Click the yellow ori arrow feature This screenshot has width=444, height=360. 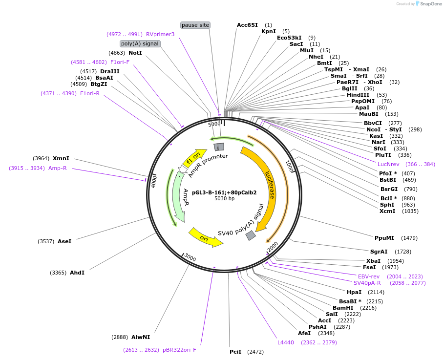[205, 236]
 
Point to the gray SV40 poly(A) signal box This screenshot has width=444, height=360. [251, 235]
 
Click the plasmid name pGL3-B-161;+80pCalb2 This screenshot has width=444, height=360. [224, 192]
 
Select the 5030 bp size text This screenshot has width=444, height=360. [224, 199]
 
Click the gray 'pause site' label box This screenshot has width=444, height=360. [195, 25]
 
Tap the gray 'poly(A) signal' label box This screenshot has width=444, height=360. [140, 43]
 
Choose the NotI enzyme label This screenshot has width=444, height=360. [135, 53]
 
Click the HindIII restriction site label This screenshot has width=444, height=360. [357, 95]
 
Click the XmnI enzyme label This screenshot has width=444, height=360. [61, 158]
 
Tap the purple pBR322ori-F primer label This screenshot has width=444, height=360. [179, 350]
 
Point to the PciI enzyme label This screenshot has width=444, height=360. [235, 352]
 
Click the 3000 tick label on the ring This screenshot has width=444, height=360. [190, 258]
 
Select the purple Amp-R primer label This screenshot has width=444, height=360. [57, 168]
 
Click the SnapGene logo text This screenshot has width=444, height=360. [431, 4]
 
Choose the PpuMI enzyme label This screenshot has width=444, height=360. [384, 238]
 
